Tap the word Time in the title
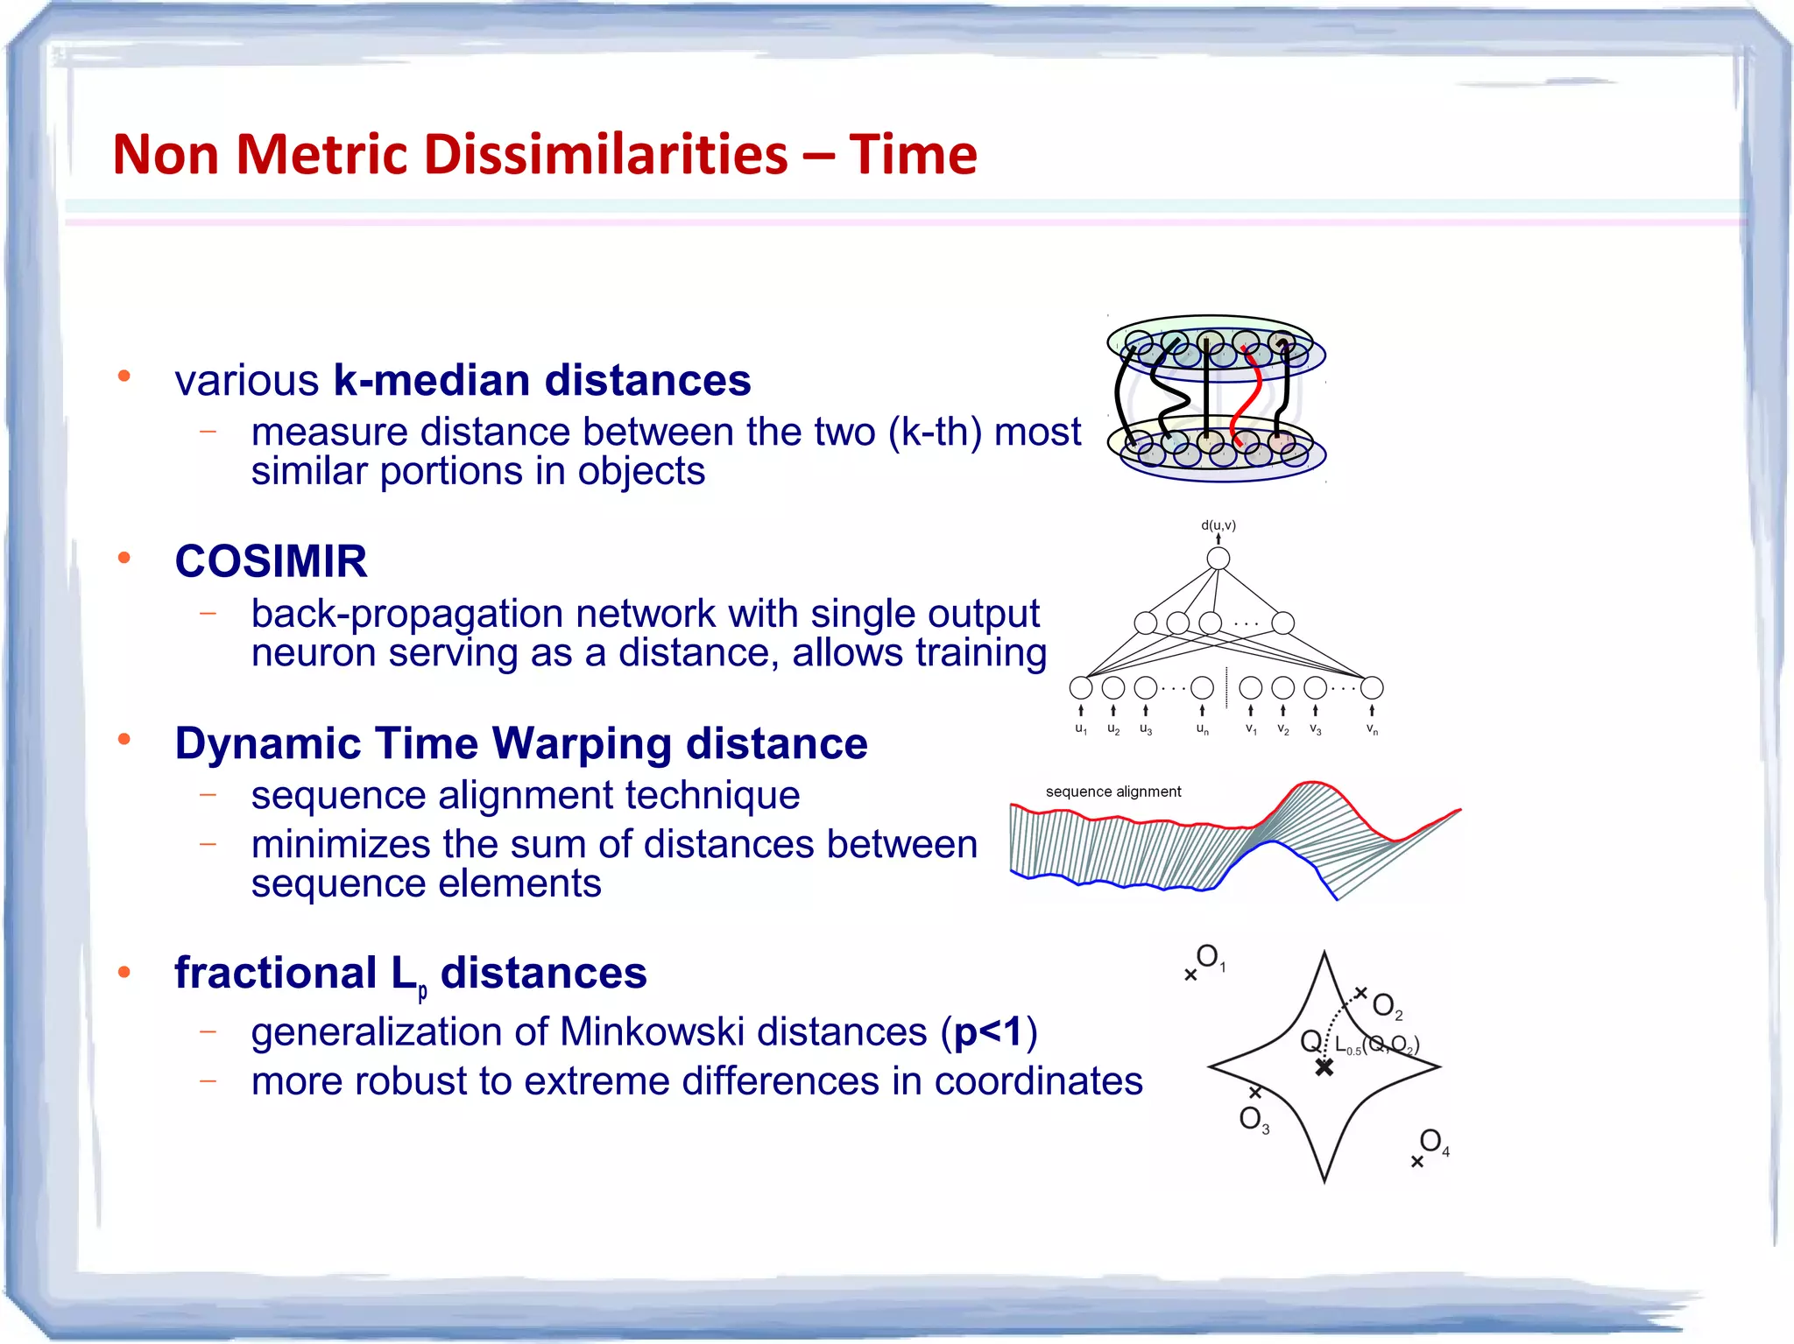pyautogui.click(x=913, y=155)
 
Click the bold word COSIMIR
pyautogui.click(x=271, y=561)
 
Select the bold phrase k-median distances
pyautogui.click(x=541, y=381)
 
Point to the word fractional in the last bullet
pyautogui.click(x=275, y=973)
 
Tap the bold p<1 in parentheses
pyautogui.click(x=987, y=1031)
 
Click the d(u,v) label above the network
pyautogui.click(x=1218, y=525)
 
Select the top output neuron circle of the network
pyautogui.click(x=1218, y=559)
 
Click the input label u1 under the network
pyautogui.click(x=1081, y=729)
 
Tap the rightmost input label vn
pyautogui.click(x=1372, y=729)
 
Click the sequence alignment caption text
pyautogui.click(x=1112, y=792)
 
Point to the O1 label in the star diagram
pyautogui.click(x=1210, y=957)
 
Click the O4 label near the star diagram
pyautogui.click(x=1433, y=1141)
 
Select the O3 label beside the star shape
pyautogui.click(x=1254, y=1119)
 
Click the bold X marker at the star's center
pyautogui.click(x=1324, y=1067)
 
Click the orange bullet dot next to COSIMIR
pyautogui.click(x=124, y=558)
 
